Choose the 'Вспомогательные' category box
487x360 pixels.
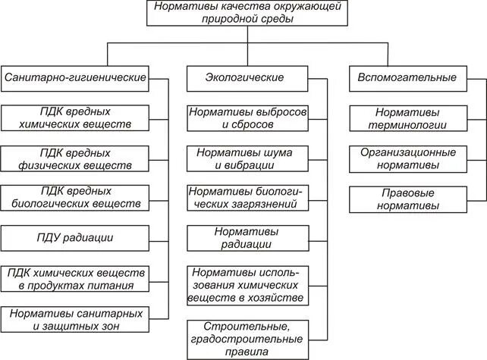point(407,77)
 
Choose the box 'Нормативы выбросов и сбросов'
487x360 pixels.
point(248,118)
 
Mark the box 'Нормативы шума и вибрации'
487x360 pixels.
point(248,158)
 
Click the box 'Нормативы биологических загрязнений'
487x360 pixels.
point(248,198)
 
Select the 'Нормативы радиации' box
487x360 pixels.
point(248,238)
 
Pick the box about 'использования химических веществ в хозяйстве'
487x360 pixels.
point(248,285)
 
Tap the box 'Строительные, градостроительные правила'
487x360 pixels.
point(248,339)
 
